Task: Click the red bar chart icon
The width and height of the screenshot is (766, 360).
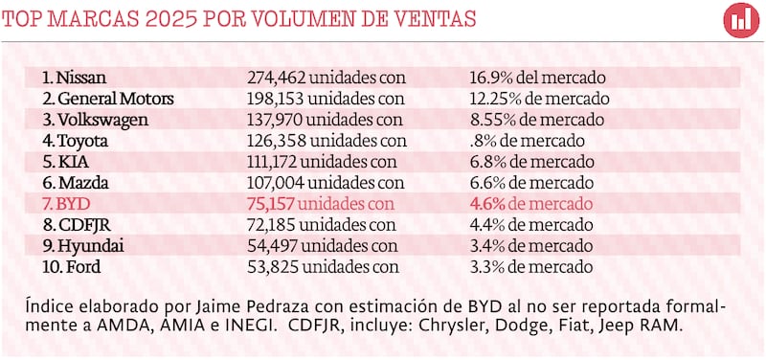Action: (739, 20)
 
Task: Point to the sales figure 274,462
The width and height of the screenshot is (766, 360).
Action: (276, 77)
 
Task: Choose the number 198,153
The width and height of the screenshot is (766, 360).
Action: (276, 98)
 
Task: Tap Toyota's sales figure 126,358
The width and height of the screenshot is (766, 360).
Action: (276, 141)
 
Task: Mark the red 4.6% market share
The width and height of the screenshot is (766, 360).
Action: (488, 204)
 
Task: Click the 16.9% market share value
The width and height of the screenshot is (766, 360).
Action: (491, 77)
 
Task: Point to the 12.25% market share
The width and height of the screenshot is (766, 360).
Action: (495, 98)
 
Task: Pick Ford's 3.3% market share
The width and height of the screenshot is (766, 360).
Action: (488, 267)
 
